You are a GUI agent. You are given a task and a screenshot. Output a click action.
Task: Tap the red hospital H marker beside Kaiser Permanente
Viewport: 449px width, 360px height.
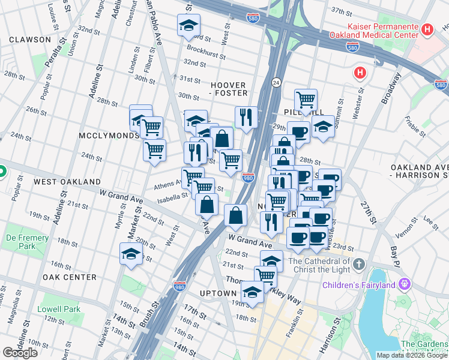(427, 29)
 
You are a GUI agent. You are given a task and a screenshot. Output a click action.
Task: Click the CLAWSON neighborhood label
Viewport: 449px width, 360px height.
(30, 40)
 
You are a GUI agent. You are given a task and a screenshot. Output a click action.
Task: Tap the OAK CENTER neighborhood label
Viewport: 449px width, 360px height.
(70, 277)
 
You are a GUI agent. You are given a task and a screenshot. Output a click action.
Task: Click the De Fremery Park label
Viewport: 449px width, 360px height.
(28, 242)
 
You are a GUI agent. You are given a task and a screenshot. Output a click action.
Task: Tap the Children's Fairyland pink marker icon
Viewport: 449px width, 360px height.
(405, 283)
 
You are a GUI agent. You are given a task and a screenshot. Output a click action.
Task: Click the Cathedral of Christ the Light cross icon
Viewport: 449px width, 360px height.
(359, 264)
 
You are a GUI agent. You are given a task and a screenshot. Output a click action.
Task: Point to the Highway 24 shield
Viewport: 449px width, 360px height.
(277, 82)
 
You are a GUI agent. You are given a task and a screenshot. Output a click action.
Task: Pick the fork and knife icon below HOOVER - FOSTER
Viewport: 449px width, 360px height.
(246, 117)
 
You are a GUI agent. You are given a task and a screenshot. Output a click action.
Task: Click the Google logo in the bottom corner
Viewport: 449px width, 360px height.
(20, 353)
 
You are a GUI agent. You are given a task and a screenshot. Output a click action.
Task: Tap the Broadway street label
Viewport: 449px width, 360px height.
(391, 88)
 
